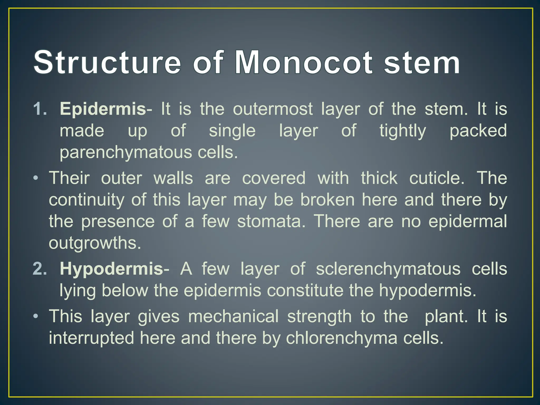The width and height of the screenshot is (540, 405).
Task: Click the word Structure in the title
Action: coord(107,63)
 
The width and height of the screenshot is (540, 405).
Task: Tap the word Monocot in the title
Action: coord(303,63)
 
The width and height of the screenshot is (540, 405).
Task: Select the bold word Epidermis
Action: coord(103,109)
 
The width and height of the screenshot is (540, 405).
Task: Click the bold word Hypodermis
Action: coord(112,269)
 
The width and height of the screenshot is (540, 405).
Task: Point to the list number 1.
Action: coord(40,109)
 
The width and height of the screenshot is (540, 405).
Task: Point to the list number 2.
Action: coord(40,269)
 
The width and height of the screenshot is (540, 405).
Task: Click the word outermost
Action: coord(273,109)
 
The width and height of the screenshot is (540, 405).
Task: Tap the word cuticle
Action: coord(437,178)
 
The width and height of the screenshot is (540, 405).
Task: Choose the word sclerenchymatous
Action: coord(388,269)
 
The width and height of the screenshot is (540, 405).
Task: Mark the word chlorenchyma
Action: coord(341,338)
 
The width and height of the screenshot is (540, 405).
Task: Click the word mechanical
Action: coord(233,317)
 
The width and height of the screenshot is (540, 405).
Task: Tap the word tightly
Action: coord(403,131)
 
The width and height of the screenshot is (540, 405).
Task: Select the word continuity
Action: coord(86,200)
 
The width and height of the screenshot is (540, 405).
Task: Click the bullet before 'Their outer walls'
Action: coord(36,178)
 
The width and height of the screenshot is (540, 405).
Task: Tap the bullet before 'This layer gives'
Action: coord(36,316)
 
